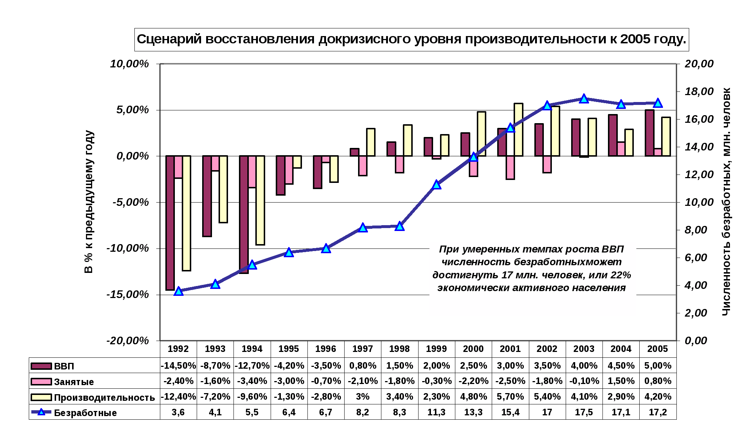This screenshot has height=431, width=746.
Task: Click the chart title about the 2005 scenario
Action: point(411,39)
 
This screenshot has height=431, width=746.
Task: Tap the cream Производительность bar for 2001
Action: point(518,130)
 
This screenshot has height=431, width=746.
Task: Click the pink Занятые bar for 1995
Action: point(289,170)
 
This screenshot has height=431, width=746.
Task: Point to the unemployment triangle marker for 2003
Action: point(584,99)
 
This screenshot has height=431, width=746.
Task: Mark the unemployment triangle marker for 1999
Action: point(437,185)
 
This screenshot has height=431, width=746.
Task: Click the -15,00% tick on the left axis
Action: point(128,294)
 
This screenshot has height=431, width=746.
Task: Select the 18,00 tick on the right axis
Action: point(699,91)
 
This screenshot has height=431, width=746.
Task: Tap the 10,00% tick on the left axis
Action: point(130,64)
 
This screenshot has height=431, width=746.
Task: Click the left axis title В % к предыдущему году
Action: point(89,202)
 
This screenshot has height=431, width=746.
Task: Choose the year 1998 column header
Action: point(400,349)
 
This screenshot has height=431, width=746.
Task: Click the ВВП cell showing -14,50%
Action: point(178,365)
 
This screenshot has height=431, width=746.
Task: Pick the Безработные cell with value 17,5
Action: point(584,412)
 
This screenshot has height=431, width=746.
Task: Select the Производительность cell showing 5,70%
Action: point(510,396)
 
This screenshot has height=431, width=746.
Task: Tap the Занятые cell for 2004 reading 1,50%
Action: point(621,381)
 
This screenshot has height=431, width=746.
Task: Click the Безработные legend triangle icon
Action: point(41,412)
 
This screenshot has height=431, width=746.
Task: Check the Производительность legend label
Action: point(105,397)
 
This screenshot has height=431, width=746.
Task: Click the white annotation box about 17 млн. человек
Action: point(533,278)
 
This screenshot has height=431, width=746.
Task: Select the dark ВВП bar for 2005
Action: point(649,133)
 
